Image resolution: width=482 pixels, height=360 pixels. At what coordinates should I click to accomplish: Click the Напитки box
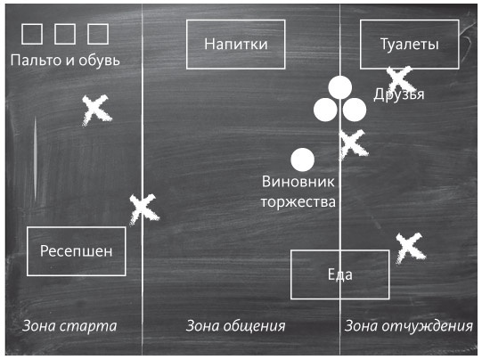pyautogui.click(x=236, y=44)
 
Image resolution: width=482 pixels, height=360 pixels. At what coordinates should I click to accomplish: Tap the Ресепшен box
pyautogui.click(x=77, y=250)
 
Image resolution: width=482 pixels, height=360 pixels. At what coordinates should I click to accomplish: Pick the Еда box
pyautogui.click(x=339, y=274)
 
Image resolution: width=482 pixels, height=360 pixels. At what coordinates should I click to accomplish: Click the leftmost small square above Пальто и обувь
pyautogui.click(x=32, y=34)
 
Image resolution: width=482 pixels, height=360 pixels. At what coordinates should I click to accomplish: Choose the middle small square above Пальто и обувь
pyautogui.click(x=65, y=34)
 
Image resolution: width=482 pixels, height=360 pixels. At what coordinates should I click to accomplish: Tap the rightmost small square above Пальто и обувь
pyautogui.click(x=97, y=34)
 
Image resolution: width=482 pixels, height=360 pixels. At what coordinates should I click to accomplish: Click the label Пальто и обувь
pyautogui.click(x=64, y=61)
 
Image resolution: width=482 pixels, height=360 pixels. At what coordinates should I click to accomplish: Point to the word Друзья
pyautogui.click(x=399, y=94)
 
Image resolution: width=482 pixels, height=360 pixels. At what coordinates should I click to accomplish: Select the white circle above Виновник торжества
pyautogui.click(x=303, y=160)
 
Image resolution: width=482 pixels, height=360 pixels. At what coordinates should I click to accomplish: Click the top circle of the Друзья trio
pyautogui.click(x=339, y=87)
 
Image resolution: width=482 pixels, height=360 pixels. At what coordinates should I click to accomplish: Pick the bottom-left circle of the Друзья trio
pyautogui.click(x=325, y=110)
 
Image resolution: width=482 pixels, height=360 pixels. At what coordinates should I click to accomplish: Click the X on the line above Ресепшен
pyautogui.click(x=143, y=209)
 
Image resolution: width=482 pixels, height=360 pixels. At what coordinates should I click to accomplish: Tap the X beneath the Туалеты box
pyautogui.click(x=398, y=80)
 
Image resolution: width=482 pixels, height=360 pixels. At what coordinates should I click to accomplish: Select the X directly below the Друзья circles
pyautogui.click(x=352, y=141)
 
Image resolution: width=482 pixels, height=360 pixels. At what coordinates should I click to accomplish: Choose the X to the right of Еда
pyautogui.click(x=408, y=247)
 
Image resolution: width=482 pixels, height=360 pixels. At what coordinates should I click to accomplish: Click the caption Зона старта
pyautogui.click(x=69, y=325)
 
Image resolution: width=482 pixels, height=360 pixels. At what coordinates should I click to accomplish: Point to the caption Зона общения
pyautogui.click(x=235, y=325)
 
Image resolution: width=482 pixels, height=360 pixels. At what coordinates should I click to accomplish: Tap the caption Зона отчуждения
pyautogui.click(x=408, y=325)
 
